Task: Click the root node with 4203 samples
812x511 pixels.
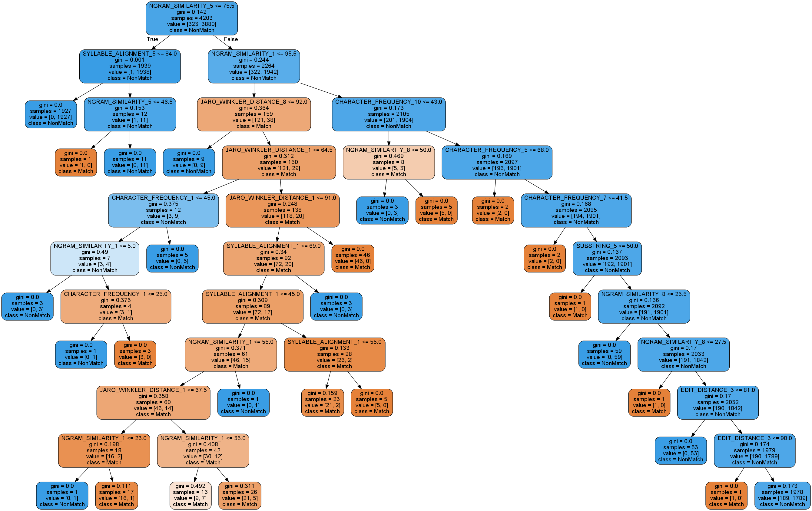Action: click(191, 18)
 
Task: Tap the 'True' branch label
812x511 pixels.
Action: click(152, 39)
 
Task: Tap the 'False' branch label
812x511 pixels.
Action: click(231, 39)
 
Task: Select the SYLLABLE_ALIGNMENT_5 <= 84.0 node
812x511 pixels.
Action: click(130, 66)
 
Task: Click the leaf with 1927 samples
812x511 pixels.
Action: click(51, 114)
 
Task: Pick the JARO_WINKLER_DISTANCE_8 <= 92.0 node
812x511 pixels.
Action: click(254, 114)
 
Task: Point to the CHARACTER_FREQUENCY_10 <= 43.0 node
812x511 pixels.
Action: click(389, 114)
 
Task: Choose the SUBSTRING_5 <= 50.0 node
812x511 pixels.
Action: click(607, 258)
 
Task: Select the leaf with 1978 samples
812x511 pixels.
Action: click(782, 495)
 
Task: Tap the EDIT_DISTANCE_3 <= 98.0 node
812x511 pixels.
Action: click(754, 450)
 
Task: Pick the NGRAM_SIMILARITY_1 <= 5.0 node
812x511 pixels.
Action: click(95, 258)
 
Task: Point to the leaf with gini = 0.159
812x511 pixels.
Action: click(322, 402)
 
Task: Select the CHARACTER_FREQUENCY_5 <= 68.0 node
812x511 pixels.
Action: click(497, 162)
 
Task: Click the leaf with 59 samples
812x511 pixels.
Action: click(604, 354)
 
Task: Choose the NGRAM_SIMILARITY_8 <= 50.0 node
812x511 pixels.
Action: click(389, 162)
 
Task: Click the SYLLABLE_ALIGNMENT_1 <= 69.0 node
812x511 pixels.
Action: click(273, 258)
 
